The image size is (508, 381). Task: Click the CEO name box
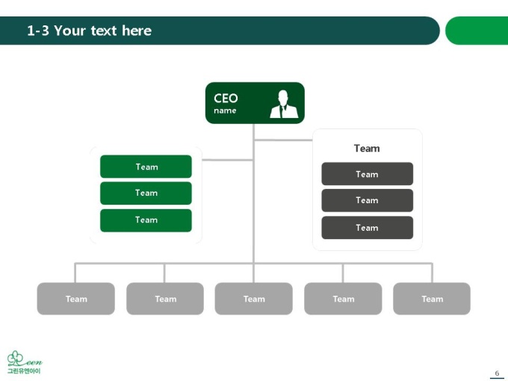[x=255, y=103]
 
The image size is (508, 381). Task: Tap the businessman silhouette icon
[x=284, y=104]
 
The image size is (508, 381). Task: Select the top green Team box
[x=146, y=167]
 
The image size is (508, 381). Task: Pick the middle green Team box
[x=146, y=193]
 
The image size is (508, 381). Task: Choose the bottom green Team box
[x=146, y=220]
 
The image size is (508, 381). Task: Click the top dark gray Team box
[x=367, y=174]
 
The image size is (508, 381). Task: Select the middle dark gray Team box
[x=367, y=200]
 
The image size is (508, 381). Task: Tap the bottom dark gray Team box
[x=367, y=228]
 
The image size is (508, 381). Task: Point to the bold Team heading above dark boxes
[x=367, y=149]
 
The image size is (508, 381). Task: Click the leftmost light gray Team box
[x=75, y=299]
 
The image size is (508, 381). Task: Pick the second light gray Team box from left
[x=165, y=299]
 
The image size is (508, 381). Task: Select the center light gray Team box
[x=254, y=299]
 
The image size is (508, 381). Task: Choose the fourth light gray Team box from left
[x=343, y=299]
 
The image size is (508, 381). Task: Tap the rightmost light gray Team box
[x=432, y=299]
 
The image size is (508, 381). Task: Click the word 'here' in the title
[x=137, y=31]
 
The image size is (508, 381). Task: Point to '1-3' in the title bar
[x=38, y=31]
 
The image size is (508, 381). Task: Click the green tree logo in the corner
[x=25, y=362]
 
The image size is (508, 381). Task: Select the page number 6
[x=497, y=373]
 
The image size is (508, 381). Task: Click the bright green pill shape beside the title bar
[x=477, y=31]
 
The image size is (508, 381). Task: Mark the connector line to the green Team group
[x=227, y=160]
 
